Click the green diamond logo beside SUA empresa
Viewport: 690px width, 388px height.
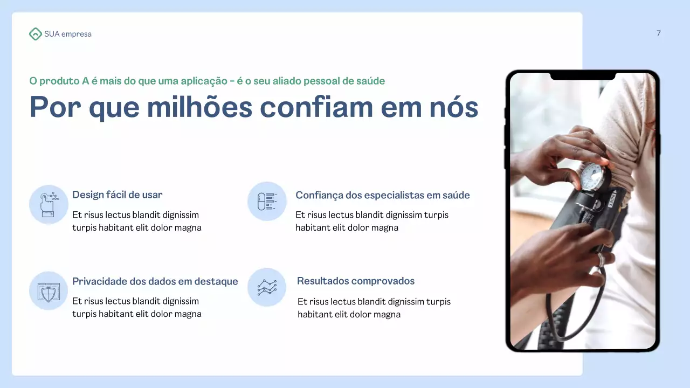(35, 34)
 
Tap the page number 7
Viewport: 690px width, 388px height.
(658, 33)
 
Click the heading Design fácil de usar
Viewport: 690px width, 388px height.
(117, 195)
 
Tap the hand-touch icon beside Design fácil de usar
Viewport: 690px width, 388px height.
(49, 204)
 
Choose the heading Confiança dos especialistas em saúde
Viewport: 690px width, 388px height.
(382, 195)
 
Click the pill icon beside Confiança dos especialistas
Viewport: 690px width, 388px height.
(267, 201)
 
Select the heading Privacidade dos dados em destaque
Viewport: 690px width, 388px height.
(155, 281)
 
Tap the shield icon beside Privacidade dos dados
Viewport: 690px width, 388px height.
(49, 291)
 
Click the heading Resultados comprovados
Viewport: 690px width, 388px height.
(355, 281)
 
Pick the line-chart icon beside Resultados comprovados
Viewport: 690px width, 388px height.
(267, 287)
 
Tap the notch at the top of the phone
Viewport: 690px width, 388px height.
(582, 76)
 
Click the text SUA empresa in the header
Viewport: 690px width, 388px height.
(68, 34)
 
